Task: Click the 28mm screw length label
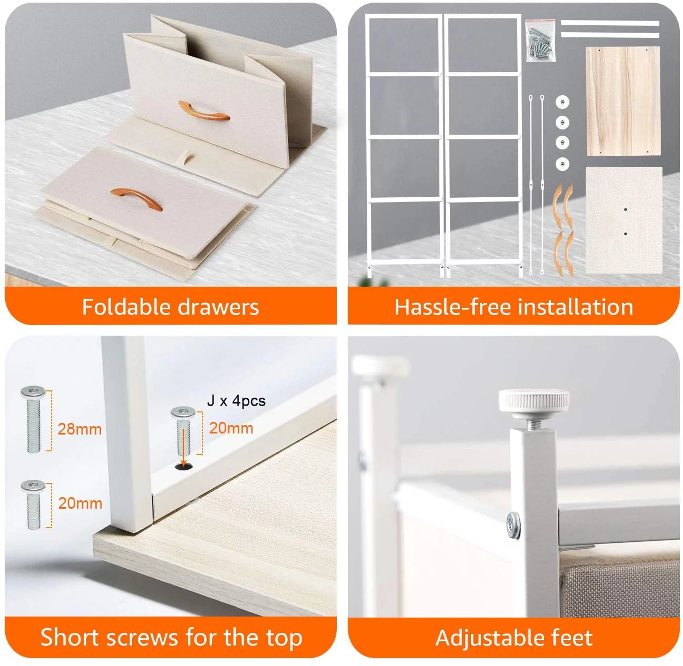click(x=79, y=429)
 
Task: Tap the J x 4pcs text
click(x=236, y=401)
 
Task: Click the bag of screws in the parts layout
click(x=540, y=41)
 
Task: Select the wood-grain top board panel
click(x=623, y=101)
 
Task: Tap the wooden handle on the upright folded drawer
click(x=204, y=110)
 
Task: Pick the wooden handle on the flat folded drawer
click(x=136, y=198)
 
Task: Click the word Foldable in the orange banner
click(x=127, y=307)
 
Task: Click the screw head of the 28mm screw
click(x=33, y=391)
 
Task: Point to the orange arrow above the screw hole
click(x=183, y=448)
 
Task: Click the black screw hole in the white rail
click(x=184, y=466)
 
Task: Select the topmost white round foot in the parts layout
click(x=563, y=103)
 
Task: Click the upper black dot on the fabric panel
click(x=626, y=209)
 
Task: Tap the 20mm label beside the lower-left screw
click(x=80, y=503)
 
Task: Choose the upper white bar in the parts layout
click(x=610, y=23)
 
